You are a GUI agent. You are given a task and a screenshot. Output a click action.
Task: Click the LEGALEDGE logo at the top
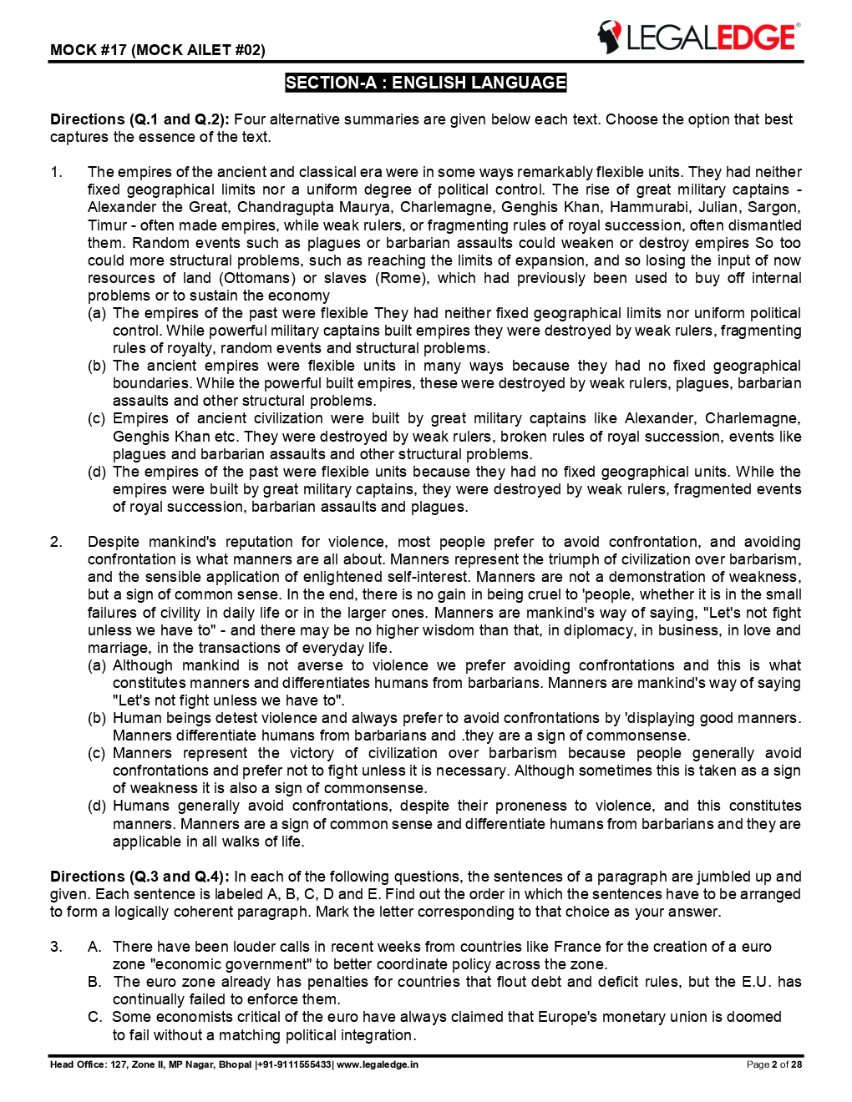pyautogui.click(x=698, y=38)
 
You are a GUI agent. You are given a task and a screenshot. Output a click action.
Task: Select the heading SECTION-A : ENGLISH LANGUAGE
pyautogui.click(x=425, y=83)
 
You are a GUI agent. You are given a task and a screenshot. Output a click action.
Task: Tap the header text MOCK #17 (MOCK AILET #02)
pyautogui.click(x=158, y=50)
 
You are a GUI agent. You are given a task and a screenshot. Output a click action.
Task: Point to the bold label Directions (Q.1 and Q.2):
pyautogui.click(x=139, y=119)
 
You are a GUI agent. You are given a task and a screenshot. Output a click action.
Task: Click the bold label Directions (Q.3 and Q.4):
pyautogui.click(x=139, y=877)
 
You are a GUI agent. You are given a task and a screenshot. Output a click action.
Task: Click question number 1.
pyautogui.click(x=56, y=172)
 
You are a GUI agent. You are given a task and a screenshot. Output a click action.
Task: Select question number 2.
pyautogui.click(x=56, y=542)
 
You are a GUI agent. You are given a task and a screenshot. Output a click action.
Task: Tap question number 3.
pyautogui.click(x=56, y=947)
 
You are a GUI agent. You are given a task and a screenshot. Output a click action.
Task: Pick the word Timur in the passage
pyautogui.click(x=108, y=225)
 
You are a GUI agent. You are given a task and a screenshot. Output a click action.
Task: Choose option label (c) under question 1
pyautogui.click(x=97, y=418)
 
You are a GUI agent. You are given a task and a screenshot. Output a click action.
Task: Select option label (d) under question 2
pyautogui.click(x=97, y=806)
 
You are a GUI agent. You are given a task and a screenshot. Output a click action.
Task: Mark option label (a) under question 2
pyautogui.click(x=97, y=665)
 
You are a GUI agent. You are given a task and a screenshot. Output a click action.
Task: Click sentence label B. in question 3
pyautogui.click(x=95, y=982)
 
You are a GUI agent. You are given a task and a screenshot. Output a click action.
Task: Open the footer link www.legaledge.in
pyautogui.click(x=377, y=1064)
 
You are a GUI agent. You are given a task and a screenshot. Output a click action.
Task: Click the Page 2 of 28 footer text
pyautogui.click(x=773, y=1064)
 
